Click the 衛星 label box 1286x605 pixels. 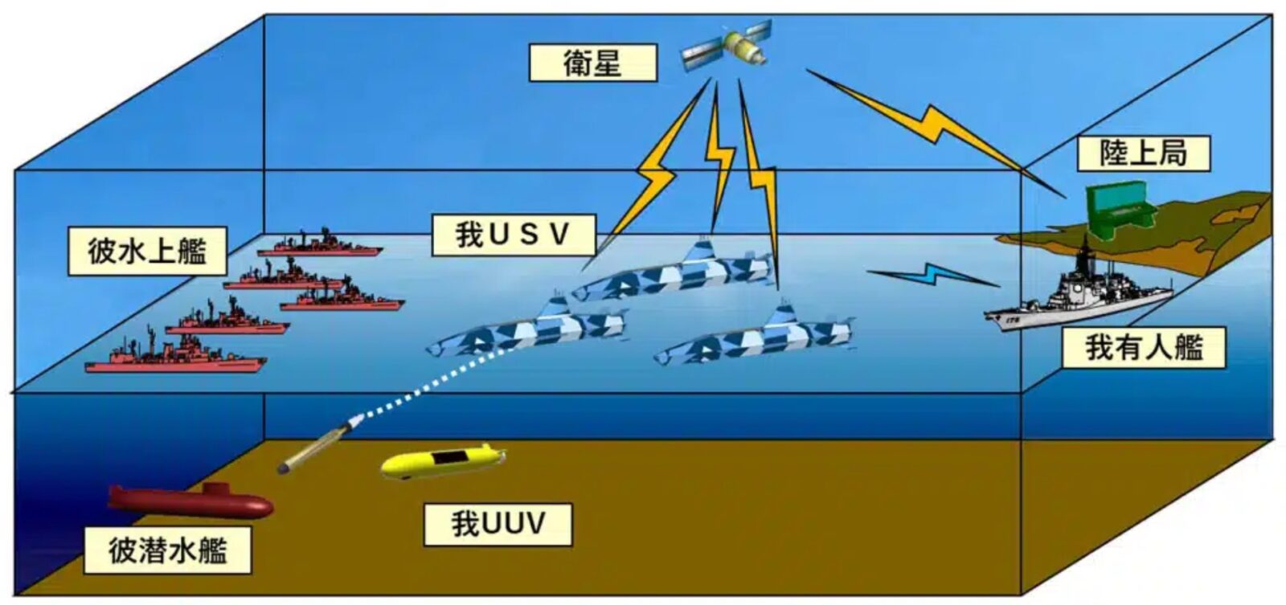(x=592, y=63)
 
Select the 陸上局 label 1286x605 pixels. (x=1142, y=153)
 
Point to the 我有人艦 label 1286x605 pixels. (x=1143, y=348)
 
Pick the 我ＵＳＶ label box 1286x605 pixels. (x=513, y=235)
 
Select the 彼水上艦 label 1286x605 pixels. (x=146, y=251)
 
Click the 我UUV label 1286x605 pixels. (x=498, y=524)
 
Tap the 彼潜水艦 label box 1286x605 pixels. (x=167, y=550)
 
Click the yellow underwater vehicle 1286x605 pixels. (x=441, y=460)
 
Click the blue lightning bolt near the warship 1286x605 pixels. (x=932, y=275)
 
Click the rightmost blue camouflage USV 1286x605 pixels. (x=756, y=336)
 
